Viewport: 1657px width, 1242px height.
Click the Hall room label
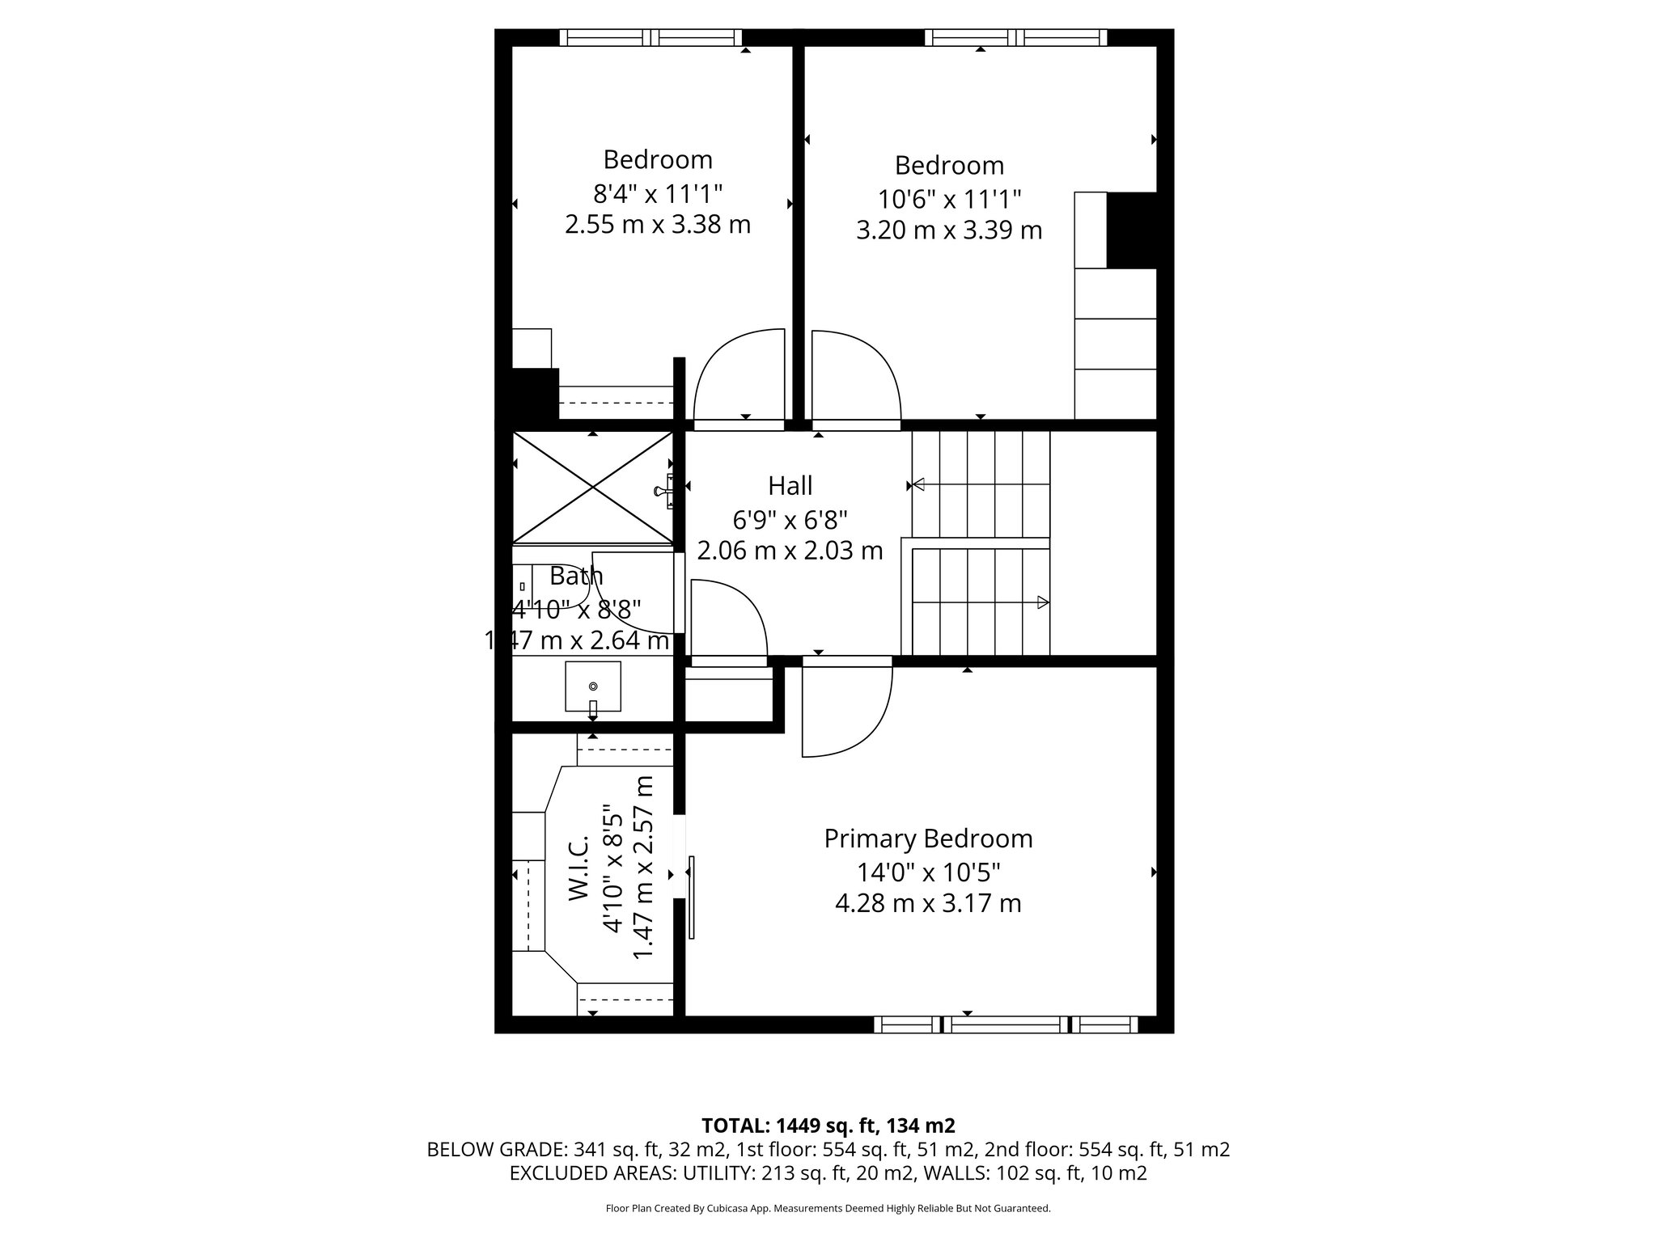pos(790,486)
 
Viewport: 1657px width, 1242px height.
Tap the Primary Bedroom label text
pos(928,839)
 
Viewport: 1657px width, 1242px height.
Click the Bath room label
pos(576,577)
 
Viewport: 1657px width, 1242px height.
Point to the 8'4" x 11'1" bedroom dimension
pos(657,193)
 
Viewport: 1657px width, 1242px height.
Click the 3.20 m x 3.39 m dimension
pos(948,230)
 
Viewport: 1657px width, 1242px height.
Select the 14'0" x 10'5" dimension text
pos(928,872)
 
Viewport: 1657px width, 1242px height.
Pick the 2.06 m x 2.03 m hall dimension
pos(790,551)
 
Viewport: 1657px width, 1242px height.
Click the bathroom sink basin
pos(593,686)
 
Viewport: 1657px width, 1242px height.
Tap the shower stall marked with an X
pos(593,487)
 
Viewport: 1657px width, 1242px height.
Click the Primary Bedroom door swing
pos(845,708)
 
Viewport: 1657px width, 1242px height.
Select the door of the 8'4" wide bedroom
pos(739,377)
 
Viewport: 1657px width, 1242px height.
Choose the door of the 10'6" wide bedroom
pos(856,377)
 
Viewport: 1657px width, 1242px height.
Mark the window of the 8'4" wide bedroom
pos(651,37)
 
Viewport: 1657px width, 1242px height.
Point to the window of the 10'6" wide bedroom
pos(1015,37)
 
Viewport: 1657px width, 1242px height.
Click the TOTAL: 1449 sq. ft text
pos(828,1126)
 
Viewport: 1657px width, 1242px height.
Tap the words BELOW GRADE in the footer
pos(497,1150)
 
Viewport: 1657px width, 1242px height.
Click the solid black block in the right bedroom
pos(1131,230)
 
